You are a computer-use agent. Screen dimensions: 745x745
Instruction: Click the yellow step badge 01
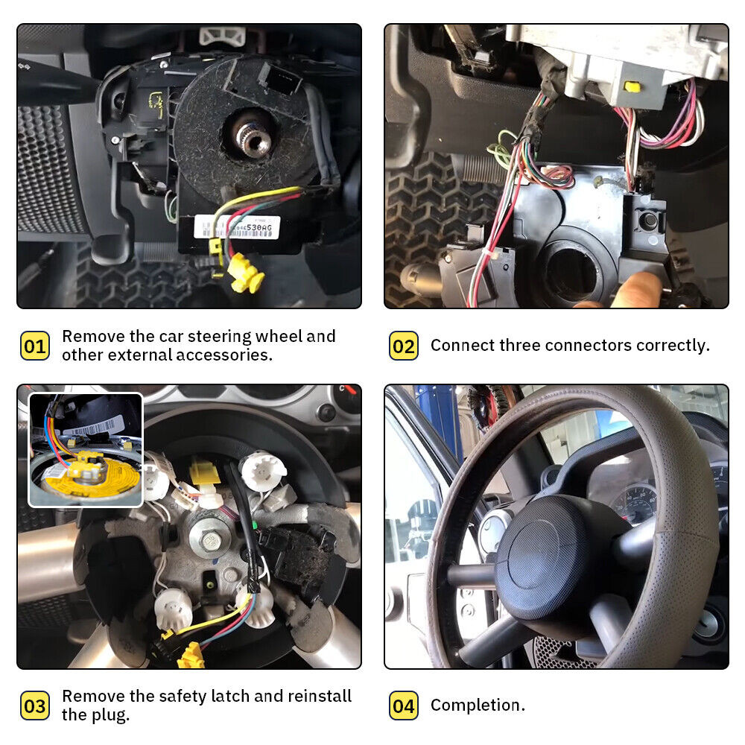point(34,346)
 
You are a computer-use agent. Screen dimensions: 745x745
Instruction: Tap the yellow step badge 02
point(403,346)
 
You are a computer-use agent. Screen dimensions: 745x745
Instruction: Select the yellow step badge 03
point(34,706)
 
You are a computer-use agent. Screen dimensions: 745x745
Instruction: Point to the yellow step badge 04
point(403,706)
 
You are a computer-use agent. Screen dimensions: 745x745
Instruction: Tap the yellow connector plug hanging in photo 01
point(247,272)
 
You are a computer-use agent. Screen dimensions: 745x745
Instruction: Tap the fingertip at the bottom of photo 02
point(641,287)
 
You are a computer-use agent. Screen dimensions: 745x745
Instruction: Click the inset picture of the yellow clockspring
point(85,450)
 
